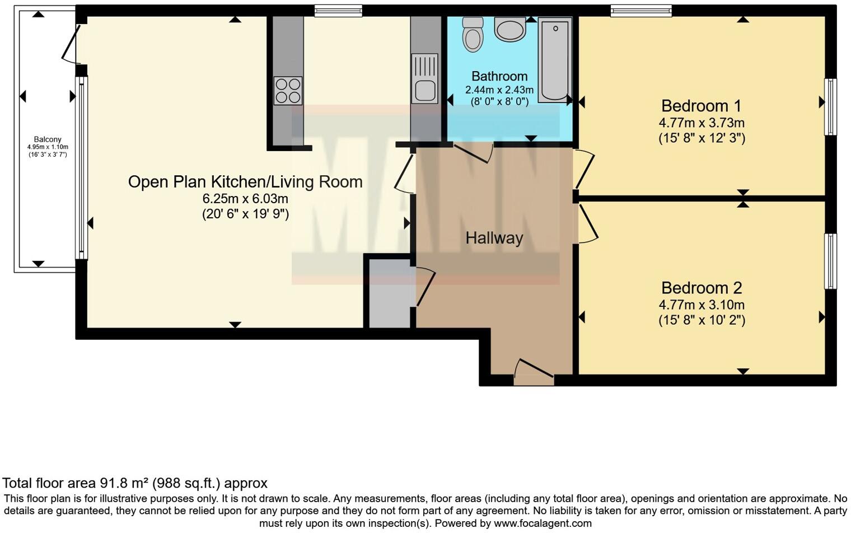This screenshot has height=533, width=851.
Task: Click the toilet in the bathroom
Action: pos(473,34)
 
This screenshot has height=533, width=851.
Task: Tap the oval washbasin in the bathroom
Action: pos(509,30)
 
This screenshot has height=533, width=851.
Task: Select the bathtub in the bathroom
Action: pos(554,60)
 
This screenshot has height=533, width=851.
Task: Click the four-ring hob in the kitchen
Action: pos(288,91)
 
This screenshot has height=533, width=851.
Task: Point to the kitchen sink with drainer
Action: pos(424,78)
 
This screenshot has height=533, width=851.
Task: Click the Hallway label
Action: pos(494,238)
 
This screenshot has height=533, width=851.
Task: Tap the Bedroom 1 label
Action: pos(701,106)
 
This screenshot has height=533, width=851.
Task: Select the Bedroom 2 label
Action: pos(701,288)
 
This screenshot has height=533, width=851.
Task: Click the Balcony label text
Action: pos(48,139)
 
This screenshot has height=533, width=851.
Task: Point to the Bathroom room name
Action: pos(499,76)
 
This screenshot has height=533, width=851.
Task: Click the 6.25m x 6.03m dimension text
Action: pos(245,199)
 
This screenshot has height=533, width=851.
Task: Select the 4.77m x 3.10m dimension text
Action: pos(701,305)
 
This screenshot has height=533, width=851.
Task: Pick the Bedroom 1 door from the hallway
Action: pos(583,169)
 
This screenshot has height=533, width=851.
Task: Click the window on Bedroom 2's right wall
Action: pos(830,261)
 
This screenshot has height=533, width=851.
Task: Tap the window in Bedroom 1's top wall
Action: pos(640,11)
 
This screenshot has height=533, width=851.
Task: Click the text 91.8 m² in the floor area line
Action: pos(124,483)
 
